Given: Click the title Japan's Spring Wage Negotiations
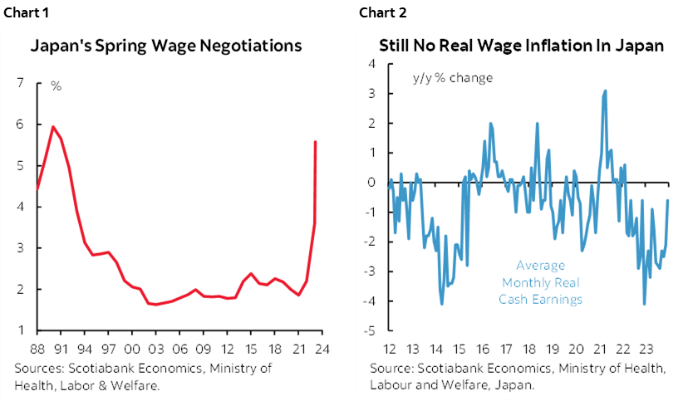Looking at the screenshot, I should tap(166, 46).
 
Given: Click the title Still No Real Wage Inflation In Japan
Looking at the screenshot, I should tap(522, 46).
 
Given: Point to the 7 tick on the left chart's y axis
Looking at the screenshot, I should tap(18, 83).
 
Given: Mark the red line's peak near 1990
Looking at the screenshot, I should tap(53, 127).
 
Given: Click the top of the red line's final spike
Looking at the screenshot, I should tap(315, 142).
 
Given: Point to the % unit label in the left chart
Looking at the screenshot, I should tap(57, 86).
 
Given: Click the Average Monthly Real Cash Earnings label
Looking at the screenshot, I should tap(540, 282).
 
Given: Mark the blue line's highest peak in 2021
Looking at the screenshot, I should tap(606, 90).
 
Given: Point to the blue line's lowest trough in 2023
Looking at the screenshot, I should tap(644, 304).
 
